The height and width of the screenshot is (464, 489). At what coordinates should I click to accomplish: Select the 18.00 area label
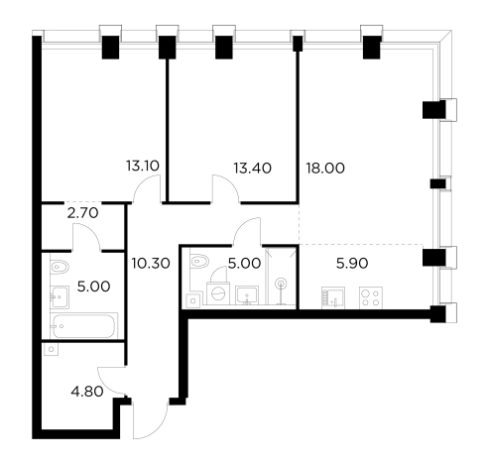tap(326, 168)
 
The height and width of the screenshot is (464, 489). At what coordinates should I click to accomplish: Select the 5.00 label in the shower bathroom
tap(244, 265)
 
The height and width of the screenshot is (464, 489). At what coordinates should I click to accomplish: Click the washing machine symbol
tap(215, 294)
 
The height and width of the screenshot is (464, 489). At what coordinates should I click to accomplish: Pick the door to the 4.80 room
tap(111, 376)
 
